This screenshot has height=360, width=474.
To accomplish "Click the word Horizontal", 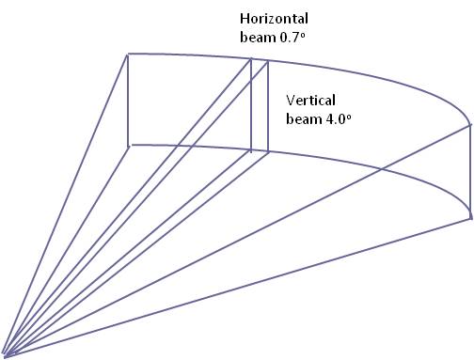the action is click(x=274, y=19).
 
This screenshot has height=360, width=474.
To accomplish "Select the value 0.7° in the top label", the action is click(x=292, y=38).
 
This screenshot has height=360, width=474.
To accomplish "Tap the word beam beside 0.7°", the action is click(x=258, y=38).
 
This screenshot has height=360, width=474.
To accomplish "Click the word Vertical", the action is click(x=310, y=101).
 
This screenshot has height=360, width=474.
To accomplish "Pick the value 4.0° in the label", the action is click(x=339, y=119).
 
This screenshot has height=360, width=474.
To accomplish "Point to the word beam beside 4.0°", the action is click(x=304, y=119).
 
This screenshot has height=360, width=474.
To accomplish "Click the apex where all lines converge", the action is click(x=5, y=356).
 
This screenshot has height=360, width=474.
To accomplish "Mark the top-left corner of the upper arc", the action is click(x=128, y=55).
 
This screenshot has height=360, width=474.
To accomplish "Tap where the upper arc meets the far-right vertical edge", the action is click(x=470, y=125).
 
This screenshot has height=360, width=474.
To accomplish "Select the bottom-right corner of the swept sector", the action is click(x=470, y=217).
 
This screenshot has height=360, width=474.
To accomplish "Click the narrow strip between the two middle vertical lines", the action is click(x=260, y=106).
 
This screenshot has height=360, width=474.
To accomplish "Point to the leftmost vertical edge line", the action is click(x=128, y=101).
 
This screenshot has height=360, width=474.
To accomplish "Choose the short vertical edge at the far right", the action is click(x=470, y=171).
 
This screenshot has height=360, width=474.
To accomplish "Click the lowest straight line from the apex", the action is click(x=237, y=287).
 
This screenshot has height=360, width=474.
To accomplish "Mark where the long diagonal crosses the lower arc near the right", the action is click(x=381, y=169).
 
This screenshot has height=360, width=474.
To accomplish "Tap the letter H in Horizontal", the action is click(x=245, y=19).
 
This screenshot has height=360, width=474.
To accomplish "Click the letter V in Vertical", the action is click(x=291, y=101).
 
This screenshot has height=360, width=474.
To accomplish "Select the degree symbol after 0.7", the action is click(x=303, y=35).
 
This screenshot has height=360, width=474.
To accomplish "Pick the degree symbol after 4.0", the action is click(x=349, y=117).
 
